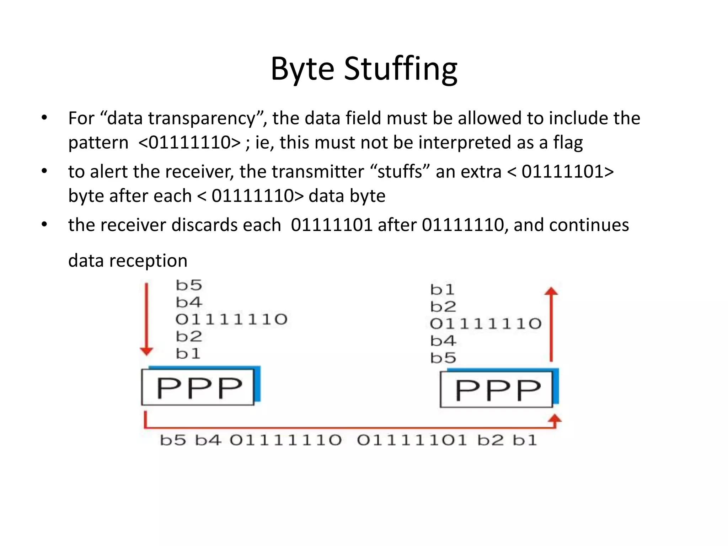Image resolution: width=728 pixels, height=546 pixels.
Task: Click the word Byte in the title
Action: pos(302,69)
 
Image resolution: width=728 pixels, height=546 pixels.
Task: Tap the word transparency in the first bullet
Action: pos(202,118)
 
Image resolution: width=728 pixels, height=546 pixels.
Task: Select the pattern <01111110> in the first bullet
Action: pos(189,143)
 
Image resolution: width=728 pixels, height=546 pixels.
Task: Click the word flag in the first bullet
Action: pos(568,143)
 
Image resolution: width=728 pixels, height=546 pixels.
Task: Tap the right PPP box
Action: pos(497,390)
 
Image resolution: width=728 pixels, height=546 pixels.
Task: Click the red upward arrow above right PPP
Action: pos(551,323)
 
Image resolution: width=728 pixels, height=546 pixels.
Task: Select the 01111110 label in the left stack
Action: pos(231,319)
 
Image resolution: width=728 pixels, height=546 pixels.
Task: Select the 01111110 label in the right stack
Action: pos(486,324)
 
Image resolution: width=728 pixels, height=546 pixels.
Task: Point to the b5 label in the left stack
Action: pos(189,285)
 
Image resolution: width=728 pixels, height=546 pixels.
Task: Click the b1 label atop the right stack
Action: pos(442,290)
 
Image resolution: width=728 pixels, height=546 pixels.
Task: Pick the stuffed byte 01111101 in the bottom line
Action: pos(412,440)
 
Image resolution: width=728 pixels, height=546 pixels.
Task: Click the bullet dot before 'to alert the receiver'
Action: pos(44,171)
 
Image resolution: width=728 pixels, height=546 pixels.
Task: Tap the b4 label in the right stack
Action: pos(443,341)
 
